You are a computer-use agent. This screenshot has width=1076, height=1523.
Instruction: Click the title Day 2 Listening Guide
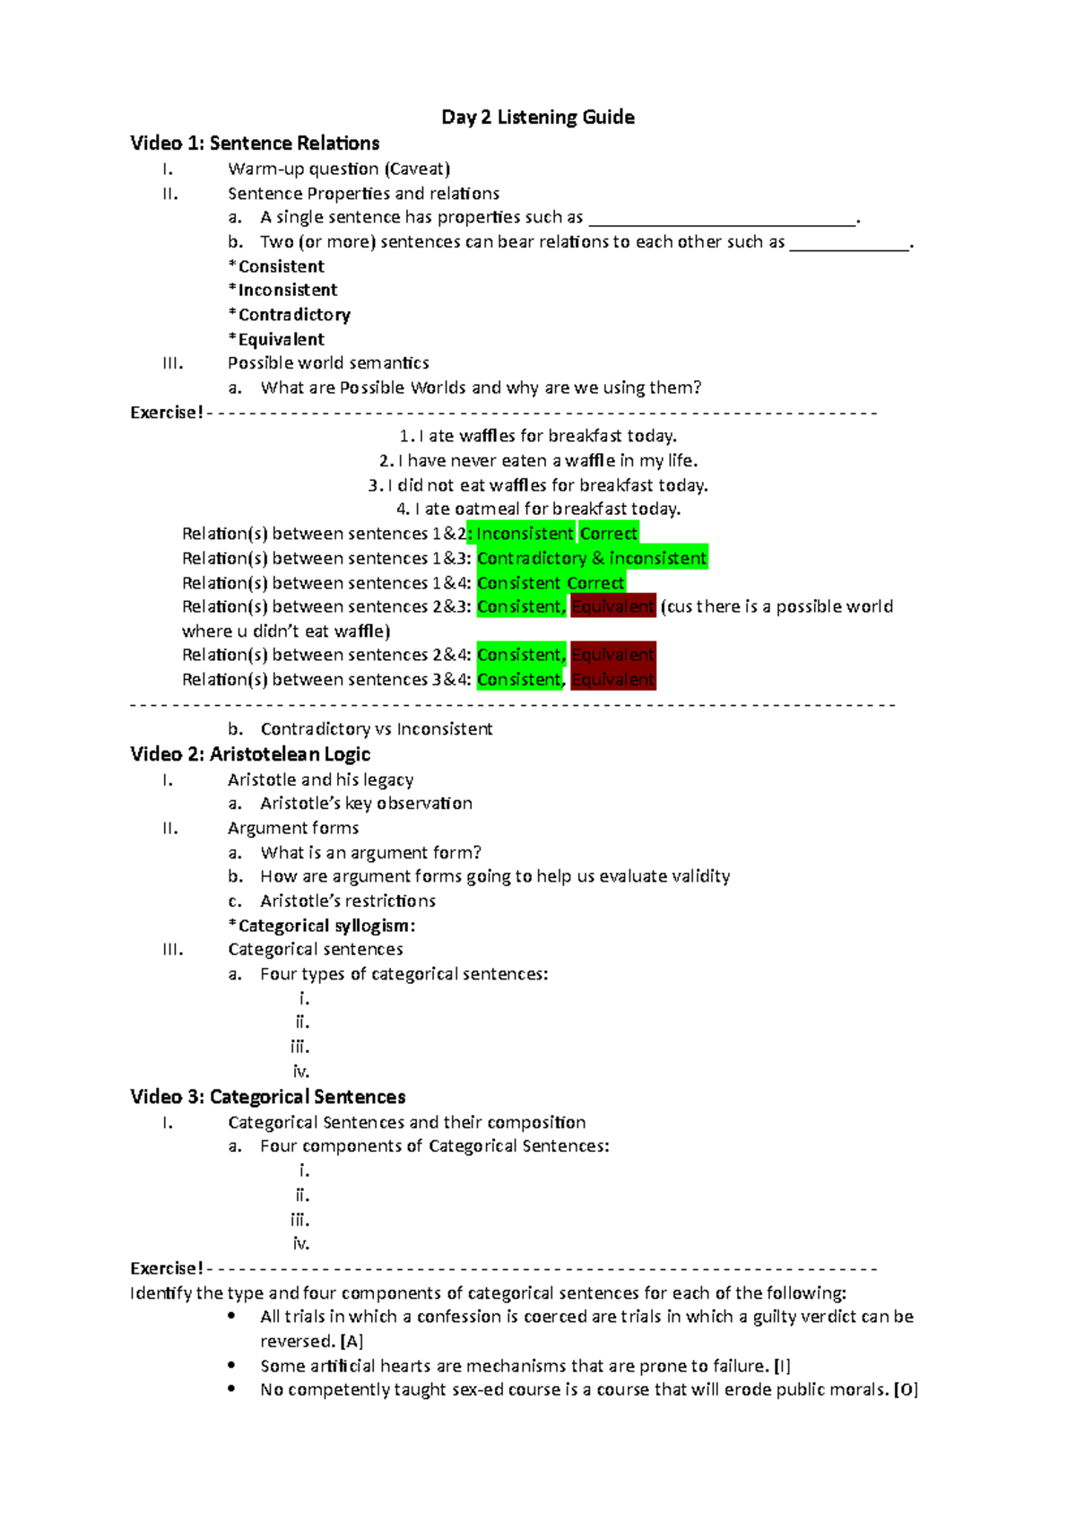point(538,117)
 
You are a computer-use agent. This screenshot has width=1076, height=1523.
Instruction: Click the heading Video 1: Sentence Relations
point(255,144)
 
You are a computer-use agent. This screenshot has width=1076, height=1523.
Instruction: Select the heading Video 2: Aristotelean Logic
point(250,754)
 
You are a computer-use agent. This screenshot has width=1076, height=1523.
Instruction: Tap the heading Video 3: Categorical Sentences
point(267,1097)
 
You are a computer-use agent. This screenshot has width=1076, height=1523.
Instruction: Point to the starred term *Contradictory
point(290,315)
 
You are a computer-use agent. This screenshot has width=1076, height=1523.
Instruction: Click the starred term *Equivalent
point(277,339)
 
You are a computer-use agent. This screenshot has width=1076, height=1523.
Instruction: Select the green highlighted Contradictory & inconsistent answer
point(592,558)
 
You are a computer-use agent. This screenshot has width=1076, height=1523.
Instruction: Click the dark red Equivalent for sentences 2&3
point(613,607)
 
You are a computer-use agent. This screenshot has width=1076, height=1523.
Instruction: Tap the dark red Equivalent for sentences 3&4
point(613,680)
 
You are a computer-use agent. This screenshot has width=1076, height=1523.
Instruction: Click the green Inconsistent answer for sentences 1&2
point(525,534)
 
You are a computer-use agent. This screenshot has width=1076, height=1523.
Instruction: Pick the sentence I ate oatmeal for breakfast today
point(539,509)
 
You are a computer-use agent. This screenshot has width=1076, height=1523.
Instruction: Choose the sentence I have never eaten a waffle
point(539,461)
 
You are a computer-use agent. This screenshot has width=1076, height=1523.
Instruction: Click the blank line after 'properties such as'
point(723,219)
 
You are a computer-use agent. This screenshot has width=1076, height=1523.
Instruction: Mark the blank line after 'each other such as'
point(849,243)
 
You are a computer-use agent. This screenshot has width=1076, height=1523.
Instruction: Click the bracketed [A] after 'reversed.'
point(352,1342)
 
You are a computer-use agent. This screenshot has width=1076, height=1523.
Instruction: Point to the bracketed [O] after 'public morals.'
point(907,1390)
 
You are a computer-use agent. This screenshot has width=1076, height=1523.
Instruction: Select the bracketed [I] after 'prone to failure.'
point(783,1366)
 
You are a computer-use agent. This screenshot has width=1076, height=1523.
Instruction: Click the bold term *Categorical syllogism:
point(322,926)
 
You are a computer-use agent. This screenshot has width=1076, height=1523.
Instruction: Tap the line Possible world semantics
point(328,363)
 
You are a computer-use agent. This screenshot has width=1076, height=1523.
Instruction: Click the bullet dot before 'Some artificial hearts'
point(232,1365)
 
